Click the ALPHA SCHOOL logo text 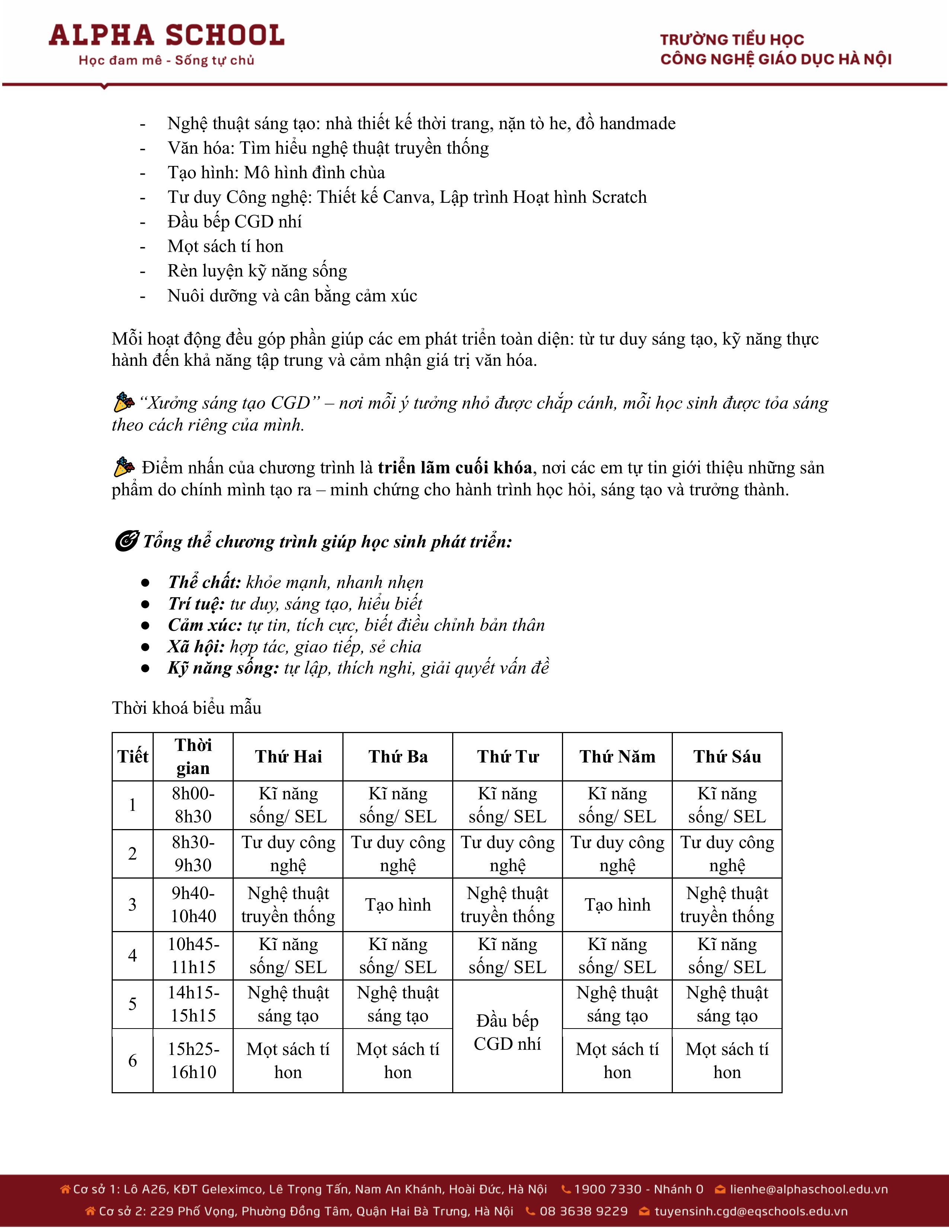tap(166, 35)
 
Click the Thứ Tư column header tap(508, 757)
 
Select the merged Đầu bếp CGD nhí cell tap(508, 1032)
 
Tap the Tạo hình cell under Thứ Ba tap(398, 905)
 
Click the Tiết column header tap(133, 757)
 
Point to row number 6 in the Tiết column tap(133, 1061)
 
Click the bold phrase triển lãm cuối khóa tap(454, 468)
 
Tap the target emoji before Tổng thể tap(126, 541)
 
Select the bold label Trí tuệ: tap(196, 604)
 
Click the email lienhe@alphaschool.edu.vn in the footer tap(808, 1189)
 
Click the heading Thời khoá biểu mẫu tap(187, 708)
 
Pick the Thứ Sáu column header tap(727, 757)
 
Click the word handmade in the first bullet tap(637, 124)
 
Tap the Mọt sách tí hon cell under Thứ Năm tap(617, 1061)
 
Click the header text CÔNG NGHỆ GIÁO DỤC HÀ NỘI tap(776, 60)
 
